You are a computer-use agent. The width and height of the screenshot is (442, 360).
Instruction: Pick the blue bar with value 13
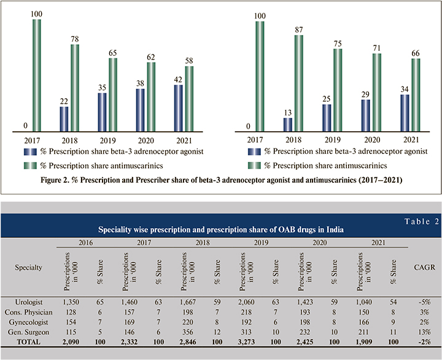pos(289,124)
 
